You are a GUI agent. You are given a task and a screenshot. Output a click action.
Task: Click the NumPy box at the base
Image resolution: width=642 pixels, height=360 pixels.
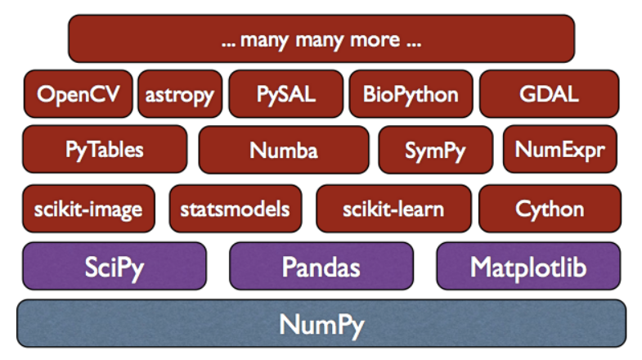pyautogui.click(x=321, y=323)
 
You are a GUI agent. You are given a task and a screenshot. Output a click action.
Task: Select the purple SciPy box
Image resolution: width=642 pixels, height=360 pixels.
pyautogui.click(x=114, y=266)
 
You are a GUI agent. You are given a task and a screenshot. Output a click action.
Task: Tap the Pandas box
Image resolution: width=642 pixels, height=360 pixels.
pyautogui.click(x=321, y=266)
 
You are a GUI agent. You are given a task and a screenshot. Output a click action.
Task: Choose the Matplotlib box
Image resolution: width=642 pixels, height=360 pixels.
pyautogui.click(x=528, y=266)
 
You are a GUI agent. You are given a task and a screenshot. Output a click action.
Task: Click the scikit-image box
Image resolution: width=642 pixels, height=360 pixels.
pyautogui.click(x=88, y=209)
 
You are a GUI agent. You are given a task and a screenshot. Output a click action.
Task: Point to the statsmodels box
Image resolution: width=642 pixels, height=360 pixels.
pyautogui.click(x=236, y=209)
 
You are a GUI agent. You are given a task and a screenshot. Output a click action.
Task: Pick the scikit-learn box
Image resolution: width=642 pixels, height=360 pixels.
pyautogui.click(x=393, y=209)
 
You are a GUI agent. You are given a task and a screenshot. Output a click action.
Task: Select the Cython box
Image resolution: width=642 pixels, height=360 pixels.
pyautogui.click(x=550, y=209)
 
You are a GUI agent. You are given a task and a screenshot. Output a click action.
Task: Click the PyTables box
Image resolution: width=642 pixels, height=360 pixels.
pyautogui.click(x=105, y=150)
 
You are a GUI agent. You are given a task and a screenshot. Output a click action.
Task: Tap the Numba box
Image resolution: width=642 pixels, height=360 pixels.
pyautogui.click(x=284, y=150)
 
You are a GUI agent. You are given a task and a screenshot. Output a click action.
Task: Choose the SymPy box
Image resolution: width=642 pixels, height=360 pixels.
pyautogui.click(x=436, y=150)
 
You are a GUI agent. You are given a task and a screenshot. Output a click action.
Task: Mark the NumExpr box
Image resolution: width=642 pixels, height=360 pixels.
pyautogui.click(x=560, y=150)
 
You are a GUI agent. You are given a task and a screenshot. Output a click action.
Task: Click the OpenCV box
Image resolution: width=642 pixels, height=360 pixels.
pyautogui.click(x=79, y=94)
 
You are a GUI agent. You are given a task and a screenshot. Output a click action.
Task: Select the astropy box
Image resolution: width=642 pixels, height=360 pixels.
pyautogui.click(x=180, y=94)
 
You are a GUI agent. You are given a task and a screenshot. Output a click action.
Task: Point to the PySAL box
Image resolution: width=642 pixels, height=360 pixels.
pyautogui.click(x=285, y=94)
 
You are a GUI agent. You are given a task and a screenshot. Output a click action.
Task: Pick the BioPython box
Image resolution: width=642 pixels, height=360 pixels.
pyautogui.click(x=411, y=94)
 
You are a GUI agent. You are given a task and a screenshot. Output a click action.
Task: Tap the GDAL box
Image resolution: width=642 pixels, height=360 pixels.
pyautogui.click(x=549, y=94)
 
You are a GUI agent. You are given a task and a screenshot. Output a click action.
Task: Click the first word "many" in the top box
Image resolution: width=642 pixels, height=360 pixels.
pyautogui.click(x=264, y=42)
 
